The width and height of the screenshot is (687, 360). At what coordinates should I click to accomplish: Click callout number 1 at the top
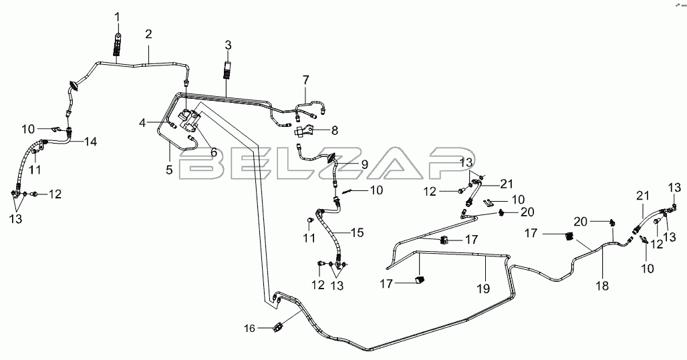click(118, 15)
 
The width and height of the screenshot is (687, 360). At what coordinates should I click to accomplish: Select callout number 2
click(148, 34)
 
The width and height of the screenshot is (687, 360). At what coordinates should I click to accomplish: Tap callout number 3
click(228, 45)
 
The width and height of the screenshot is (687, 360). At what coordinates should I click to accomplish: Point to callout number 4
click(142, 122)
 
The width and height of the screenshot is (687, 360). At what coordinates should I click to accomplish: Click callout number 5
click(170, 170)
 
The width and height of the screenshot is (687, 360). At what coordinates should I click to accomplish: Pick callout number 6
click(213, 152)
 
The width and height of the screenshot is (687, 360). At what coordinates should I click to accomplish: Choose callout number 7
click(305, 79)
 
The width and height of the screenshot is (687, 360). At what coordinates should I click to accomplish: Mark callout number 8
click(335, 130)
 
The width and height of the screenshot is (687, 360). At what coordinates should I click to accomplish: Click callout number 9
click(364, 163)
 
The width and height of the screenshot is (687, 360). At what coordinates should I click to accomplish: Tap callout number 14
click(90, 142)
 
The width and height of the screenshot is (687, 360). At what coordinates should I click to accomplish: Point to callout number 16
click(249, 328)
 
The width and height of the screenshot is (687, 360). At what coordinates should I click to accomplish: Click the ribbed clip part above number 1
click(118, 46)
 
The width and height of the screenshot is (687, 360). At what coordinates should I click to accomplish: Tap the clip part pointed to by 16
click(279, 327)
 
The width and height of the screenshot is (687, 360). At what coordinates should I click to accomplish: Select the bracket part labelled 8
click(305, 128)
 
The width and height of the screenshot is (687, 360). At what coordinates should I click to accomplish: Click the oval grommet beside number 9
click(331, 158)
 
